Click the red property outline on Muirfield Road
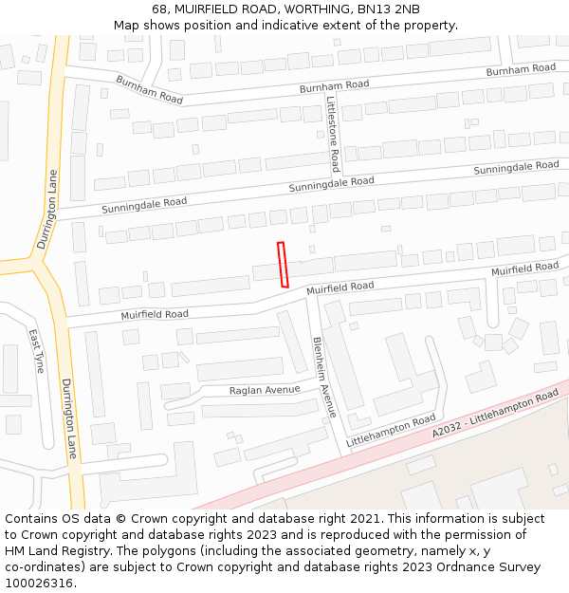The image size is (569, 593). [x=283, y=264]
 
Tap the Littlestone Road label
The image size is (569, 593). [x=333, y=133]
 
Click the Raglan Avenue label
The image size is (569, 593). [x=265, y=390]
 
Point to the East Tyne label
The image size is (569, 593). [x=36, y=351]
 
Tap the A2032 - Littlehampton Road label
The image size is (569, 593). [x=495, y=412]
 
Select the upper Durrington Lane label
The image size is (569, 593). [x=47, y=209]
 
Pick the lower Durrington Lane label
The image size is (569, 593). [x=69, y=418]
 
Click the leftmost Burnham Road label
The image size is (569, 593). [x=150, y=90]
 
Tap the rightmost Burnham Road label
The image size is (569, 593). [x=521, y=69]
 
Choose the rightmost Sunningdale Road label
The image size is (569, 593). [x=516, y=167]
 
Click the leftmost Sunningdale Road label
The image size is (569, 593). [x=144, y=204]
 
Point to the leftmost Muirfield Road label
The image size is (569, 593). [x=155, y=314]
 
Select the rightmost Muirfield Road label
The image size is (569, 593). [x=524, y=269]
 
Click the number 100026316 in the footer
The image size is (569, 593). [x=40, y=583]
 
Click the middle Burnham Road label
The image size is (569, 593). [x=334, y=85]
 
